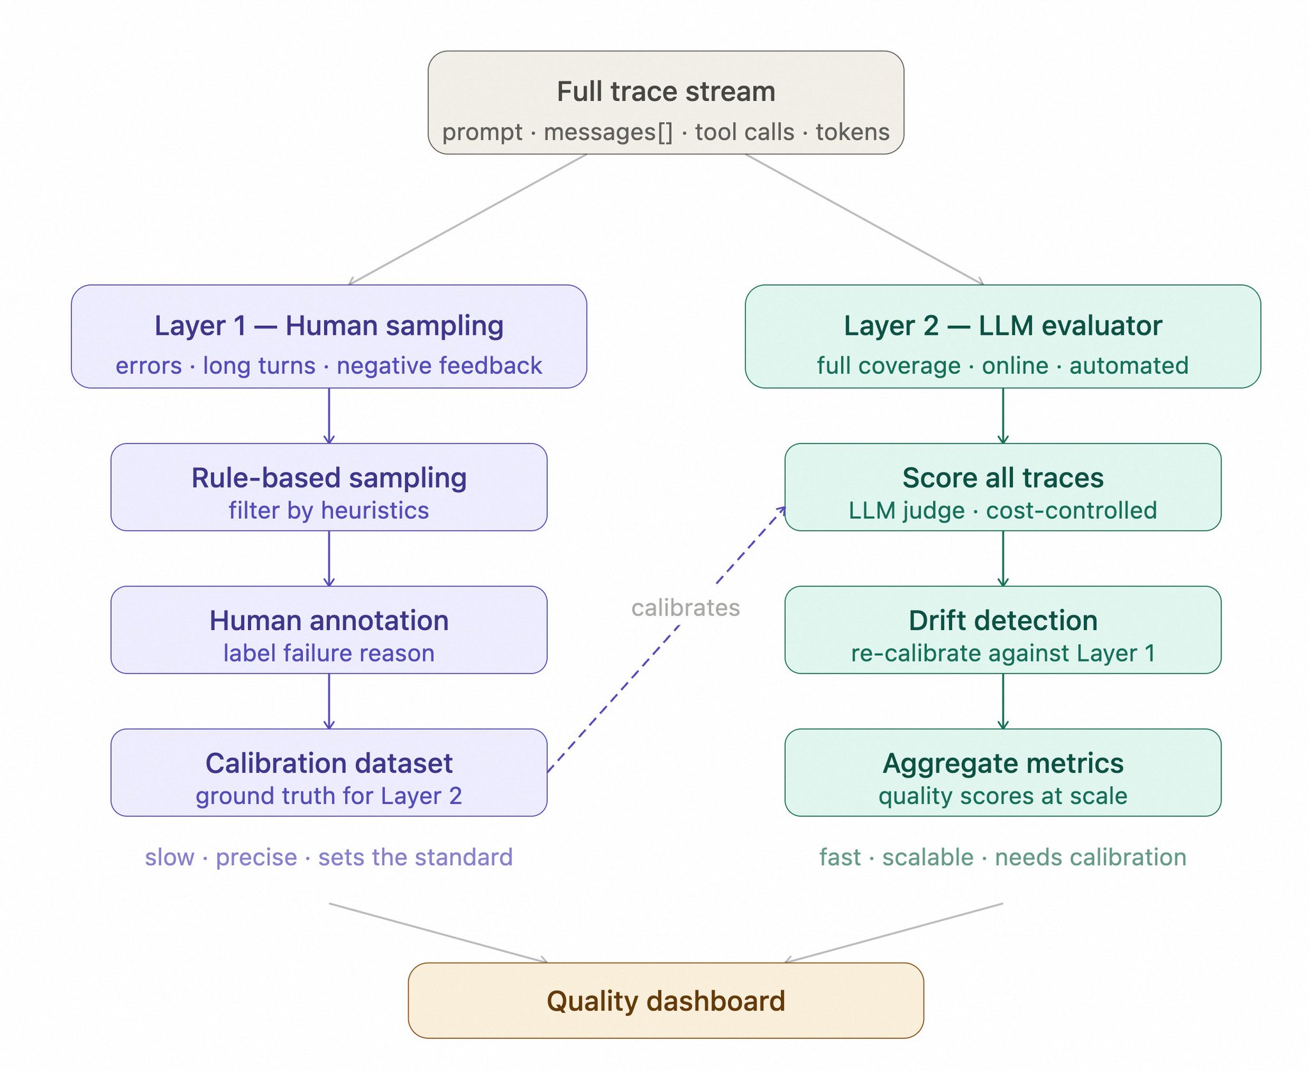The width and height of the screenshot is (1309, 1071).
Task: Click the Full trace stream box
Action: pyautogui.click(x=665, y=102)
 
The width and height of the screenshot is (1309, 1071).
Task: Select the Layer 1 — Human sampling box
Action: pyautogui.click(x=329, y=336)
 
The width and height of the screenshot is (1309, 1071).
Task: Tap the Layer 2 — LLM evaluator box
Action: pyautogui.click(x=1002, y=336)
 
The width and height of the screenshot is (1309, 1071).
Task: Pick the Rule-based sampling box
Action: pyautogui.click(x=329, y=487)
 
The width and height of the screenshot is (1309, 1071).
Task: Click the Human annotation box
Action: pyautogui.click(x=329, y=629)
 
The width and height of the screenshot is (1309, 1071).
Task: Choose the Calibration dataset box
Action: pyautogui.click(x=329, y=772)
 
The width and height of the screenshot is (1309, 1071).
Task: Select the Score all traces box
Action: pyautogui.click(x=1002, y=487)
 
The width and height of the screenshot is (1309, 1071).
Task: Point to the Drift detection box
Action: pyautogui.click(x=1002, y=629)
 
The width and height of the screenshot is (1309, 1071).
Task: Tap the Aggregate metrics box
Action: pyautogui.click(x=1002, y=772)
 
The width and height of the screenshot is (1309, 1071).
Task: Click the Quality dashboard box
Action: pyautogui.click(x=665, y=1001)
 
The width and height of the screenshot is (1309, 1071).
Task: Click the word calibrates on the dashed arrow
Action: pyautogui.click(x=685, y=608)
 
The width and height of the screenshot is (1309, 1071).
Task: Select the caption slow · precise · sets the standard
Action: pyautogui.click(x=329, y=857)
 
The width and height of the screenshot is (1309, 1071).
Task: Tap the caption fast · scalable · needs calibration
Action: pyautogui.click(x=1002, y=857)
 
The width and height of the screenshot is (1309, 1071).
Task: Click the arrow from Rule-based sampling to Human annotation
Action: pyautogui.click(x=329, y=558)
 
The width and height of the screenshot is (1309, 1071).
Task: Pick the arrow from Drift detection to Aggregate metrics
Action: pyautogui.click(x=1002, y=701)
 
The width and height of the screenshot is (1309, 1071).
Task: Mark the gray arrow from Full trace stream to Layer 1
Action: pyautogui.click(x=467, y=219)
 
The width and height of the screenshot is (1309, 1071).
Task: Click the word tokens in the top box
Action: pyautogui.click(x=852, y=132)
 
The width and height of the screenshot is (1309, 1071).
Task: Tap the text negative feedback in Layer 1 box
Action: pyautogui.click(x=439, y=366)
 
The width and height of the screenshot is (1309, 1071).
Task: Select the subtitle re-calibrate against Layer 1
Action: pyautogui.click(x=1002, y=653)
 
